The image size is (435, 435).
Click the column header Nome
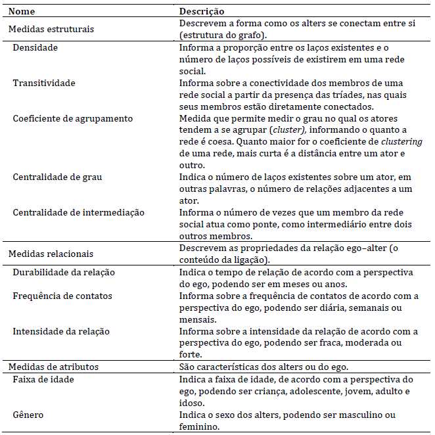(x=22, y=12)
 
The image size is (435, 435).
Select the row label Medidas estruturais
(x=51, y=29)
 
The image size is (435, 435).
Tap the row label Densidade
(x=35, y=47)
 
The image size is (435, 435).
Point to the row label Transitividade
(x=44, y=83)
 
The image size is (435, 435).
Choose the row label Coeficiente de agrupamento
(x=73, y=118)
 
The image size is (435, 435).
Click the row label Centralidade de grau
(x=57, y=177)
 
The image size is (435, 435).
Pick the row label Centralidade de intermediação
(x=79, y=212)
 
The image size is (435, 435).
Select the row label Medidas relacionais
(x=51, y=254)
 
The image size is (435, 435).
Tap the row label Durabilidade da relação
(x=64, y=272)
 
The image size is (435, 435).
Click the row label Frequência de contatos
(x=62, y=296)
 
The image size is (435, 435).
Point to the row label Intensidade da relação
(x=61, y=331)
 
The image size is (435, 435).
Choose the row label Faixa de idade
(x=43, y=379)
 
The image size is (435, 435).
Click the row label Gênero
(x=28, y=415)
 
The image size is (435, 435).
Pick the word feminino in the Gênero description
(x=199, y=426)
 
